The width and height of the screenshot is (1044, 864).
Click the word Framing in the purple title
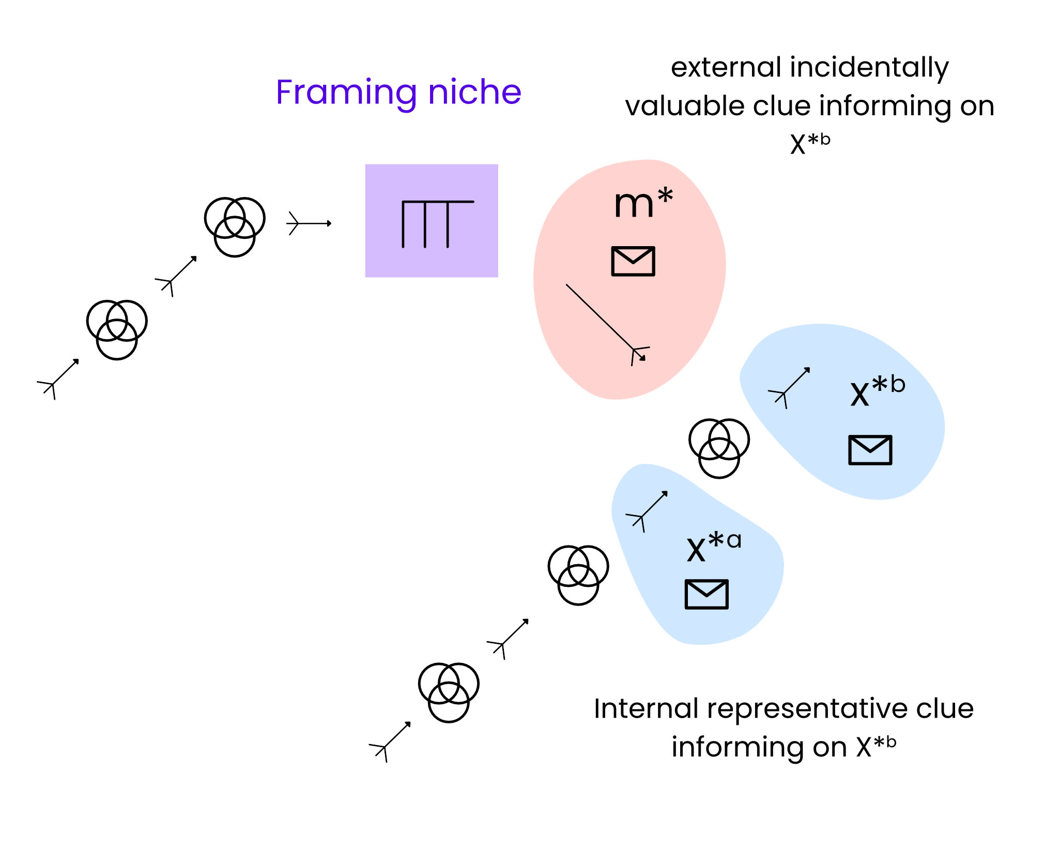(x=346, y=93)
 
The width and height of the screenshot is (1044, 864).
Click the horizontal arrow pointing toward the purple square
(x=309, y=223)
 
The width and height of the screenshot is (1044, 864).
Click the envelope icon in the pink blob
(x=633, y=261)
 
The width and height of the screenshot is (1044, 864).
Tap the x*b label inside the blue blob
(x=877, y=391)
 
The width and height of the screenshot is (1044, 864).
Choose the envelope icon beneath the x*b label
(x=870, y=450)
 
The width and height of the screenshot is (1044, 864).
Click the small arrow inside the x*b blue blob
(x=790, y=388)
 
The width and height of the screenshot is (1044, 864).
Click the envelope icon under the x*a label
(x=706, y=594)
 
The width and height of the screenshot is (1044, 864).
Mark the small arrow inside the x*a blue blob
(x=647, y=511)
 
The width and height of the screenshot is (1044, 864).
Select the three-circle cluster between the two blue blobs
(x=719, y=448)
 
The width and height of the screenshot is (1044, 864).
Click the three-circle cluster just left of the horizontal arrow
(x=235, y=226)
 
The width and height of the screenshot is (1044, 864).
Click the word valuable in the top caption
(x=684, y=106)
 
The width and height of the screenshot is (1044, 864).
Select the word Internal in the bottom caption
(x=646, y=708)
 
